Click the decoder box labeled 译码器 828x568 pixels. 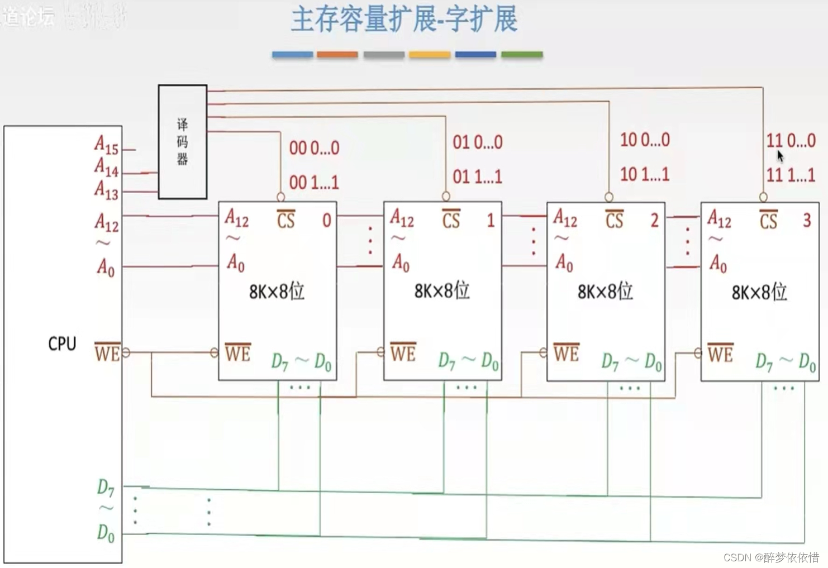click(183, 142)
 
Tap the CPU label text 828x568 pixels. click(62, 343)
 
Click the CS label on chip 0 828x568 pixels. click(285, 219)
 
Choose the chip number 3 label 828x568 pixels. click(807, 220)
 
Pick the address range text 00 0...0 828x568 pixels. click(314, 148)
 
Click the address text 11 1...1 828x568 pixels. click(791, 175)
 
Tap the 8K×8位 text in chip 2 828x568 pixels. click(605, 291)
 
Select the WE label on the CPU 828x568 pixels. click(107, 352)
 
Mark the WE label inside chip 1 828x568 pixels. click(403, 352)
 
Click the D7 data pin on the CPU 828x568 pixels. click(106, 488)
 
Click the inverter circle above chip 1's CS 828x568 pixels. click(446, 196)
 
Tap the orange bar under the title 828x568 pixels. click(337, 55)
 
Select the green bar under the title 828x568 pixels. click(522, 55)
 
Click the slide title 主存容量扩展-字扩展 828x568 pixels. click(404, 20)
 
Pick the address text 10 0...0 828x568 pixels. click(645, 140)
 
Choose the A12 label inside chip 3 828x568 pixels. click(719, 219)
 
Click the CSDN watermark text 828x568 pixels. click(771, 557)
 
